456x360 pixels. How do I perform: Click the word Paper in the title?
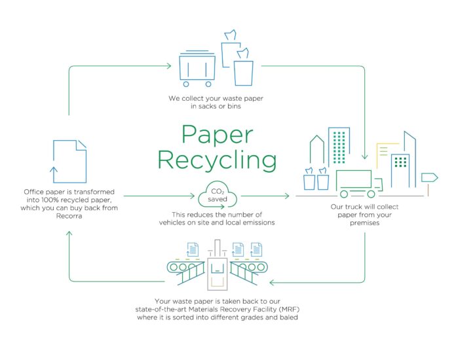[218, 135]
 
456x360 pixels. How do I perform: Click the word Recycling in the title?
[217, 160]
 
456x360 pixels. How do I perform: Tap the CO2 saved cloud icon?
[218, 195]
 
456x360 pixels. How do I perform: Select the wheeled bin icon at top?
[197, 69]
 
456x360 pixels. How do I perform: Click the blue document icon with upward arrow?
[70, 162]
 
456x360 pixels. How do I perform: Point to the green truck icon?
[359, 184]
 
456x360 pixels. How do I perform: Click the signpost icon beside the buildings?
[429, 183]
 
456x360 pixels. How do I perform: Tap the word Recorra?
[69, 216]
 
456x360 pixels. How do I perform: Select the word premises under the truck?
[365, 223]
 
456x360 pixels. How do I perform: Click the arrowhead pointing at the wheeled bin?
[168, 66]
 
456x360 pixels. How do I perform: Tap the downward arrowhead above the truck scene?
[365, 156]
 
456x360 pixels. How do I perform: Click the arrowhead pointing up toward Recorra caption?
[69, 234]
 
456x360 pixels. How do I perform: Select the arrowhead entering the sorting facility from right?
[272, 282]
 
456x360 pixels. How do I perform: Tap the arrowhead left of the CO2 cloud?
[192, 196]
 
